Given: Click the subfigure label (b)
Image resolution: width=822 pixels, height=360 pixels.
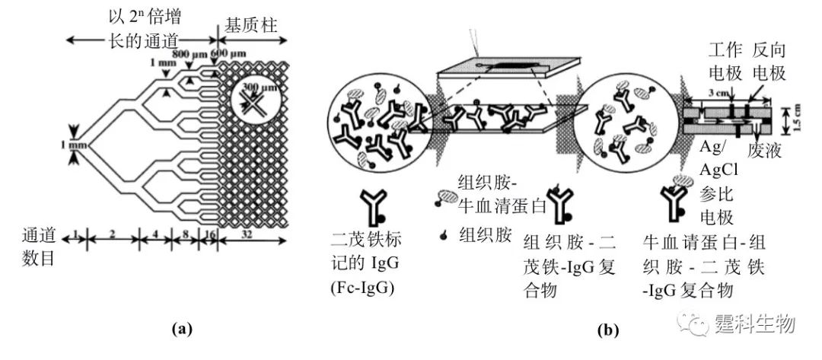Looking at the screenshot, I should [608, 330].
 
